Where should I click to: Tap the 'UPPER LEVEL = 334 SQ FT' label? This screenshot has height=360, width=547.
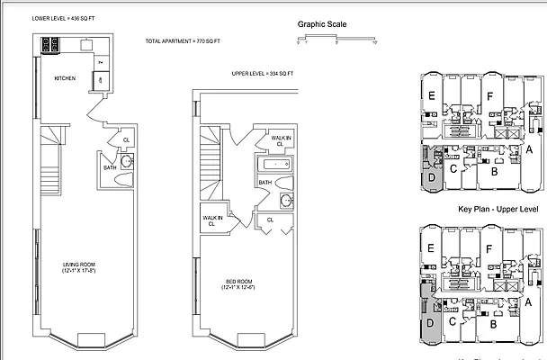[x=262, y=73]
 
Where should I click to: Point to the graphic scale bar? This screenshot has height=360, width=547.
[x=335, y=38]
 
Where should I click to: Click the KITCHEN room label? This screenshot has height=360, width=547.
[x=65, y=78]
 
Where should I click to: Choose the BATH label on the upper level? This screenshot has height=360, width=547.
[x=265, y=183]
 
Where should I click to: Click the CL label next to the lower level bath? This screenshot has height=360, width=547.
[x=125, y=140]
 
